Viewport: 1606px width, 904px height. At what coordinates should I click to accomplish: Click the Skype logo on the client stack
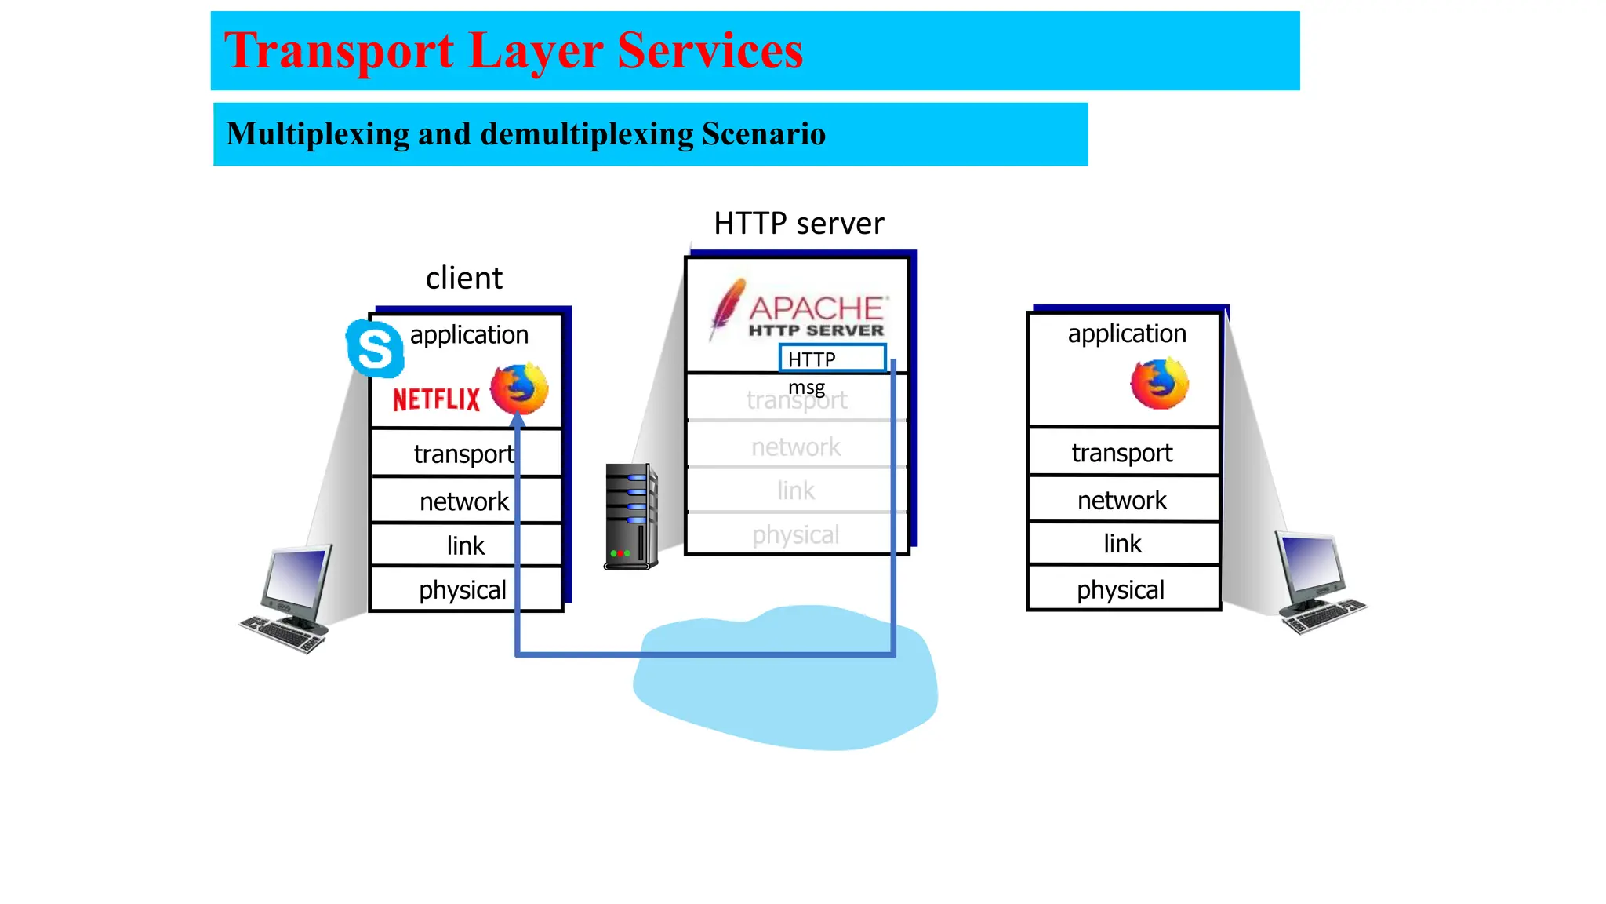(x=375, y=348)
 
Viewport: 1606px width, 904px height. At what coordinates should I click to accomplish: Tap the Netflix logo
(x=436, y=399)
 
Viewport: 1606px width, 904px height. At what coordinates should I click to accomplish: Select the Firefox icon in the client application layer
(x=519, y=388)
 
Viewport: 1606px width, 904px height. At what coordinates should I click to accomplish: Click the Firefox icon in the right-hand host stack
(x=1159, y=383)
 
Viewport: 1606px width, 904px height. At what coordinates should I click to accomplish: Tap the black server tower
(x=630, y=516)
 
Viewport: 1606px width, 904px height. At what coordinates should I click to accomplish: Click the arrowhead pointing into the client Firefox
(x=518, y=421)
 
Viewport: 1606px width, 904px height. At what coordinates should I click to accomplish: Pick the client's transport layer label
(x=463, y=454)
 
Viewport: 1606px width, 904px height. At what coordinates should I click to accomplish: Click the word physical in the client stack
(x=462, y=590)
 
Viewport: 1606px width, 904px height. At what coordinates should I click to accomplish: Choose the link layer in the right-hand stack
(x=1122, y=544)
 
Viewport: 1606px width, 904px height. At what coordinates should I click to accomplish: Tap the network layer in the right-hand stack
(x=1122, y=500)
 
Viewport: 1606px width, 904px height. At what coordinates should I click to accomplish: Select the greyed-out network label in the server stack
(x=795, y=447)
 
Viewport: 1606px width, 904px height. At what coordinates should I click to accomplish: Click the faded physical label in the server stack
(x=795, y=535)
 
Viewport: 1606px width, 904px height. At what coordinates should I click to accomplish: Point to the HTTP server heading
(x=798, y=224)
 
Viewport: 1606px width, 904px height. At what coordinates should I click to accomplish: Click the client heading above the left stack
(x=463, y=278)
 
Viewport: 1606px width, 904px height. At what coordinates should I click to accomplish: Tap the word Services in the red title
(x=710, y=50)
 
